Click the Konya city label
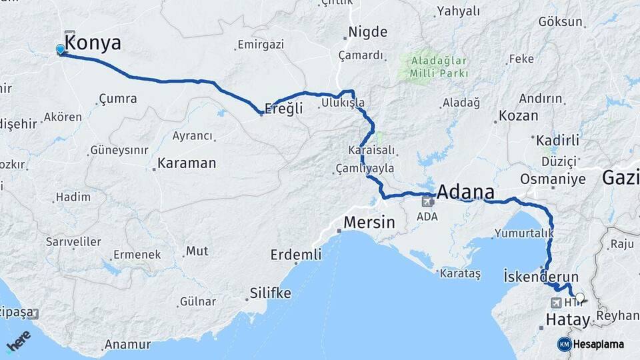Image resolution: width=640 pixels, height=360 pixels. (94, 44)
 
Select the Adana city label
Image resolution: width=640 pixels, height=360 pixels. (465, 193)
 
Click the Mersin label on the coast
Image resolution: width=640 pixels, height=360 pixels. (370, 222)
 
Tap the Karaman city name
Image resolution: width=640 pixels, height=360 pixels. (187, 163)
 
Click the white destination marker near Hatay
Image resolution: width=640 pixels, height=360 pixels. (579, 298)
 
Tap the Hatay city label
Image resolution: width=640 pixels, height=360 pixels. (568, 320)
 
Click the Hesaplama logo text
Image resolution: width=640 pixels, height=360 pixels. (598, 345)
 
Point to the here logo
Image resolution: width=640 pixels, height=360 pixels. (18, 341)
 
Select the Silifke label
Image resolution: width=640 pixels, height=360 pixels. (270, 293)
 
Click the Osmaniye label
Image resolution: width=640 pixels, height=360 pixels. (553, 179)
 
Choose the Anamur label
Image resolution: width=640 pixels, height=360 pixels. (131, 345)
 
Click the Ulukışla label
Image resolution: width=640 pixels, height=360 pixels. (343, 103)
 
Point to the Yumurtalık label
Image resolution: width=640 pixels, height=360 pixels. (523, 233)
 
